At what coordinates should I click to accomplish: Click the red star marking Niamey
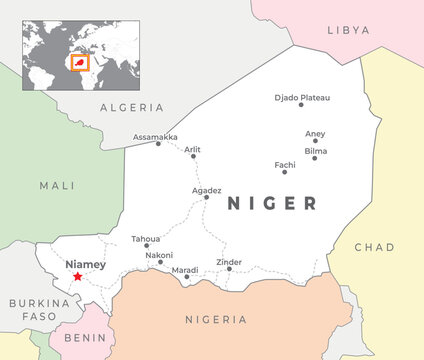click(x=77, y=276)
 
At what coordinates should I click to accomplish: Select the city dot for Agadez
click(x=207, y=197)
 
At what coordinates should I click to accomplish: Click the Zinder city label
click(x=229, y=262)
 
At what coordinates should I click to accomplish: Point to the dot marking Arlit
click(x=193, y=156)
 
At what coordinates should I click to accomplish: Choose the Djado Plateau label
click(x=301, y=97)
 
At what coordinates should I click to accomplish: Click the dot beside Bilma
click(x=314, y=158)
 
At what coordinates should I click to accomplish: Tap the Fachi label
click(x=285, y=164)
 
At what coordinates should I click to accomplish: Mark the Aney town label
click(x=315, y=133)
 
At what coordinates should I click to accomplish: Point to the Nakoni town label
click(x=159, y=255)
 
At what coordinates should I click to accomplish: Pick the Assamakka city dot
click(x=157, y=144)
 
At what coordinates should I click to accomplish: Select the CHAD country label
click(x=375, y=247)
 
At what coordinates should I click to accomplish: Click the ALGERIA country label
click(x=132, y=107)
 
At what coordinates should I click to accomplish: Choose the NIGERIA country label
click(x=216, y=319)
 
